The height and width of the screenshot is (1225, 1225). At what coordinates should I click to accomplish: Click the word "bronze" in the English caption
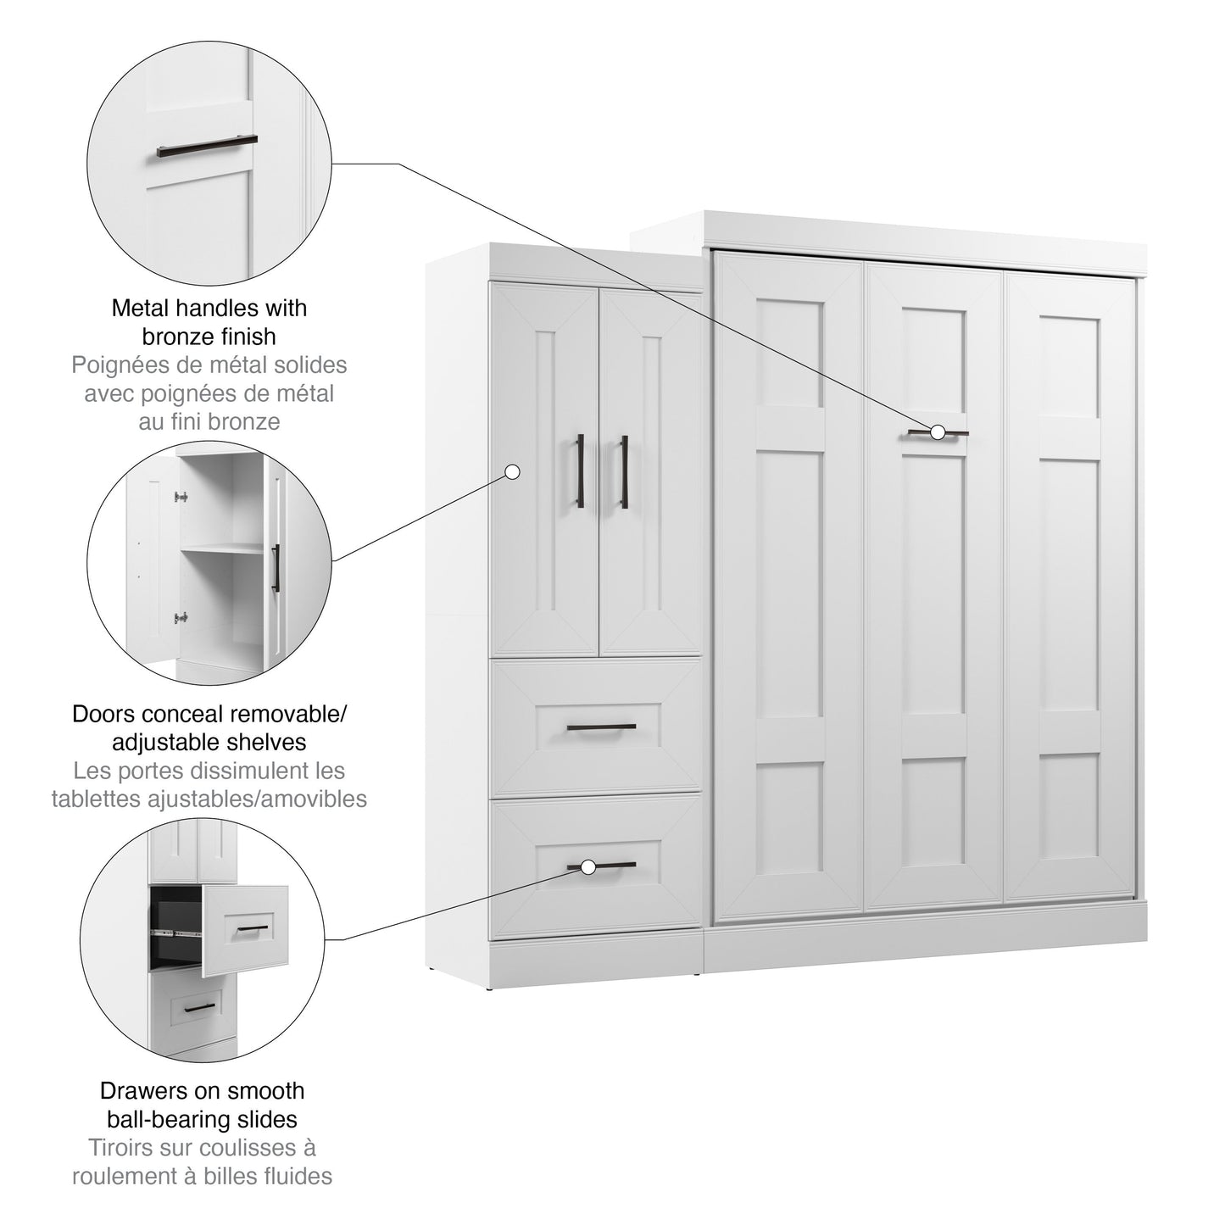click(173, 337)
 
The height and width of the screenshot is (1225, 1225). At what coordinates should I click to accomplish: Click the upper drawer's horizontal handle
click(601, 727)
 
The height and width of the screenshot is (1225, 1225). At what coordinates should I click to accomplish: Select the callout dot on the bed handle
click(937, 432)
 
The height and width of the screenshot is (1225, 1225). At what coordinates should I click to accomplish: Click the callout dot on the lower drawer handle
click(588, 866)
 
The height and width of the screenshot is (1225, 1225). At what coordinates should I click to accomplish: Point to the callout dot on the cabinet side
click(512, 471)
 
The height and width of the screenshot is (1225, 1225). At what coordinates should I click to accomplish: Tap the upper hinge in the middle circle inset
click(181, 497)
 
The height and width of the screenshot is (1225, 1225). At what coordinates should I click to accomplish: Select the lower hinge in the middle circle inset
click(181, 617)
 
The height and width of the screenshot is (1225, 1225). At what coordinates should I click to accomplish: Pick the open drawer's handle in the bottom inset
click(253, 929)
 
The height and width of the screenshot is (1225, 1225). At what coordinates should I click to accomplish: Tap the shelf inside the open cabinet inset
click(222, 548)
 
